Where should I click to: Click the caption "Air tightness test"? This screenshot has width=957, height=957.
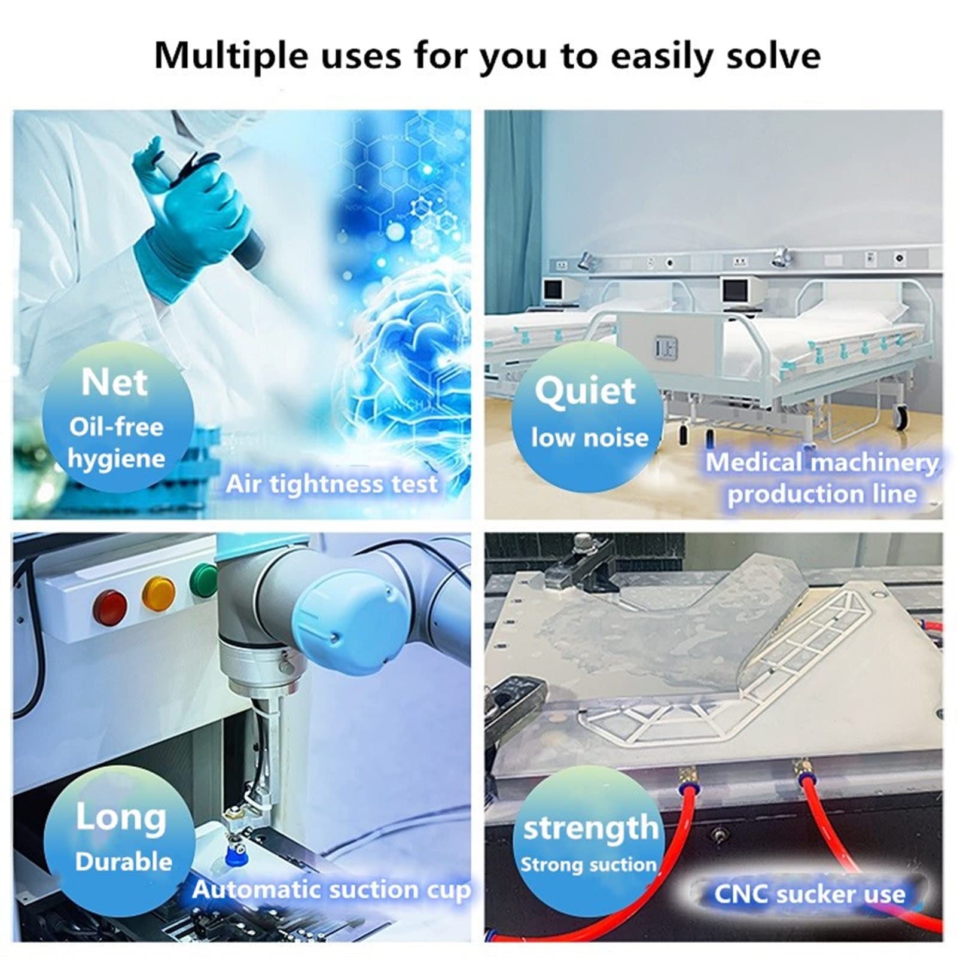coord(331,484)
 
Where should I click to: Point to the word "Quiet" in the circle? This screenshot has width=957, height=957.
coord(585,392)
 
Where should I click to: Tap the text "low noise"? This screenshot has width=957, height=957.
coord(590,438)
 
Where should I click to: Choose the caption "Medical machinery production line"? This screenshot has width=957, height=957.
coord(822,478)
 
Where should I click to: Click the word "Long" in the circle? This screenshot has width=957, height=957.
coord(121,818)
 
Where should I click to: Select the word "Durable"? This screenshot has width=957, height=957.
coord(123,861)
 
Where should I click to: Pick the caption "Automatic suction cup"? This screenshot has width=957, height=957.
coord(331,891)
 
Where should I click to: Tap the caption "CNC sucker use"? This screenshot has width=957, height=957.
coord(810,894)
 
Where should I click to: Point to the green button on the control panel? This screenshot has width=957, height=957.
coord(203,579)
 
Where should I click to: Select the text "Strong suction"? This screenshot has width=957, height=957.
coord(589,865)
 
